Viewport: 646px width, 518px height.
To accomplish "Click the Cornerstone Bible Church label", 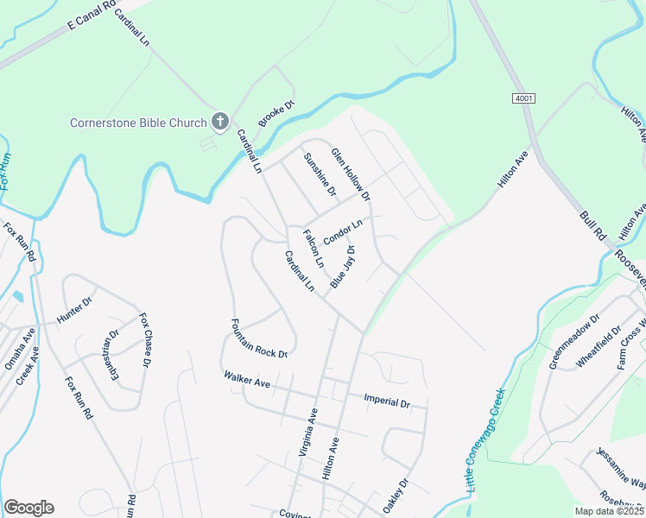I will (138, 123).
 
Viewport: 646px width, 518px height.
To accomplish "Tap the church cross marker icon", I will (219, 122).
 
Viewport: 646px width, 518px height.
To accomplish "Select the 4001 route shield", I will (522, 99).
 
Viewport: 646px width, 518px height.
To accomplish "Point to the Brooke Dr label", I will (276, 117).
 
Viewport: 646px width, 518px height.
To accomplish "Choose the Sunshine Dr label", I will (319, 173).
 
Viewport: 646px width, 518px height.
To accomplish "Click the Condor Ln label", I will (343, 231).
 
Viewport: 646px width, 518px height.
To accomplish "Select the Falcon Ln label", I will (313, 247).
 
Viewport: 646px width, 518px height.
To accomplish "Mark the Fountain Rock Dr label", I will (258, 338).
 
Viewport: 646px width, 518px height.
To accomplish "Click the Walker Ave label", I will (247, 380).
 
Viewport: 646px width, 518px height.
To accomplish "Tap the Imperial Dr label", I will (386, 401).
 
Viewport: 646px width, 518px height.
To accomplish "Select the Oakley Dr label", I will (396, 497).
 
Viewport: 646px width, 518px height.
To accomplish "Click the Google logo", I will (28, 508).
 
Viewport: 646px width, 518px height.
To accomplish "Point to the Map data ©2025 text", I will (609, 511).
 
